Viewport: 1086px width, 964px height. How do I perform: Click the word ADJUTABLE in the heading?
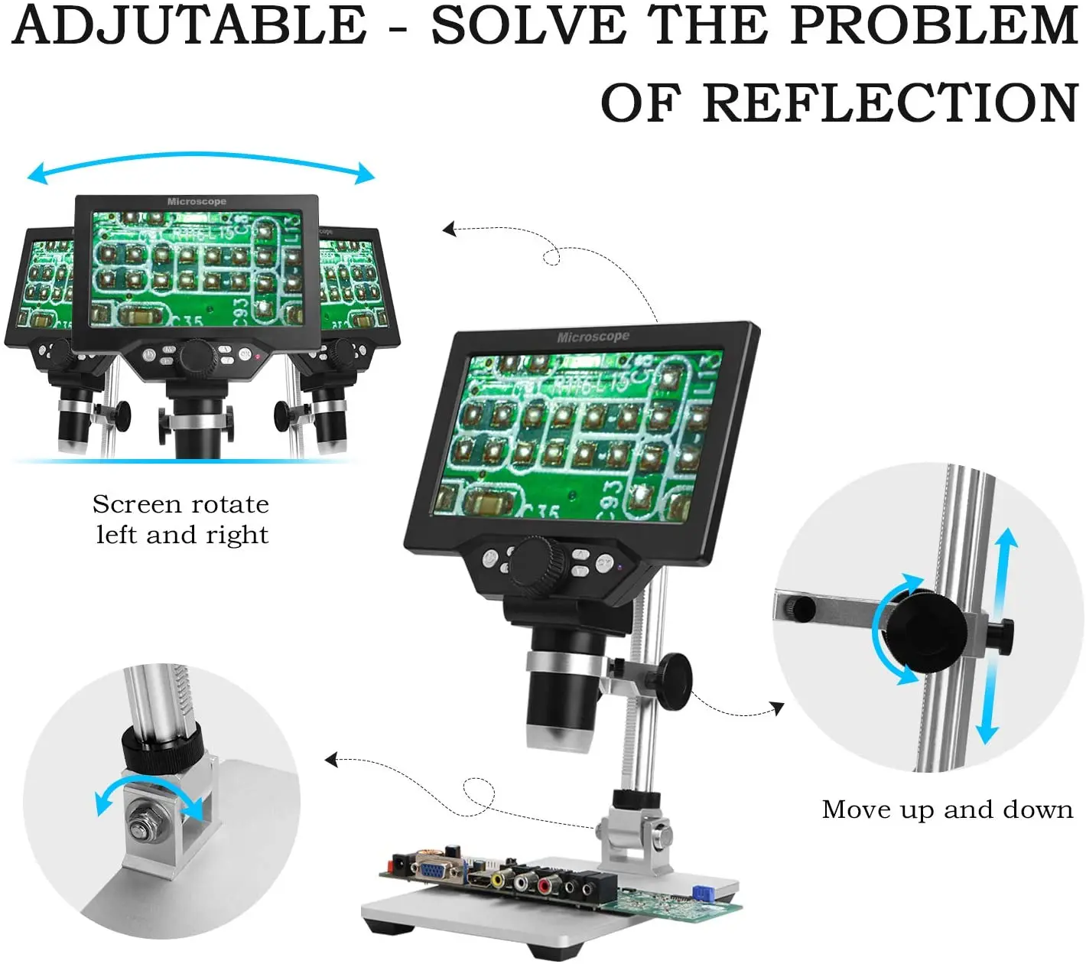tap(190, 26)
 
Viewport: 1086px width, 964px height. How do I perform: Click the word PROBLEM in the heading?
tap(934, 26)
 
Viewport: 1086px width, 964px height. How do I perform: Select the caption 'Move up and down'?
tap(947, 809)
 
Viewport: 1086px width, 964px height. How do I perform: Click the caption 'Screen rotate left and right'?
tap(181, 519)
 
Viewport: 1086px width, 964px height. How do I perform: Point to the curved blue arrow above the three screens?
tap(201, 163)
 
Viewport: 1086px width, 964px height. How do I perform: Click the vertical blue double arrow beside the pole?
tap(997, 635)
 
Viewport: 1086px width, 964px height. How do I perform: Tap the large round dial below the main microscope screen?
tap(539, 565)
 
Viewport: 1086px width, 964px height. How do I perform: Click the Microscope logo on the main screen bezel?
tap(593, 337)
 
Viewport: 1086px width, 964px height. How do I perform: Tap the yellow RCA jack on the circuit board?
tap(498, 880)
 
